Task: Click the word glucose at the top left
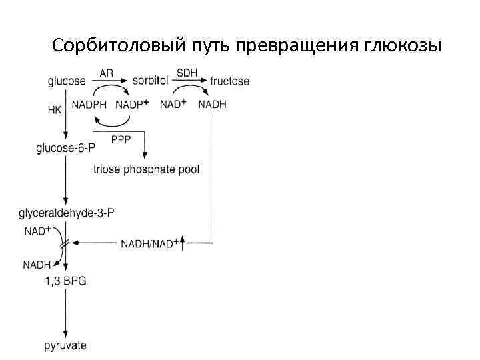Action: click(67, 81)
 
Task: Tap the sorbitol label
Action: click(151, 81)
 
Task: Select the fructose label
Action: click(229, 81)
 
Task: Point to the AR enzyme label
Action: click(107, 72)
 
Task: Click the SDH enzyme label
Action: click(185, 72)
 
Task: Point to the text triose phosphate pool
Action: click(146, 169)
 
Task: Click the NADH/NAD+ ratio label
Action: click(149, 244)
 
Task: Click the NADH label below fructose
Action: click(213, 105)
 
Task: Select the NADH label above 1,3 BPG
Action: click(37, 265)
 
